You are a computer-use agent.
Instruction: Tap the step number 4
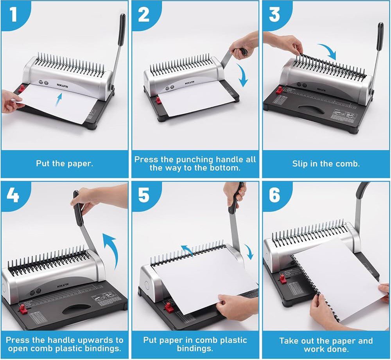(13, 195)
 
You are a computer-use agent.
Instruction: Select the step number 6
(274, 195)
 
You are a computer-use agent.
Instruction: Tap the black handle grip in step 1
(122, 28)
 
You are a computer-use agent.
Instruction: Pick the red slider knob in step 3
(280, 91)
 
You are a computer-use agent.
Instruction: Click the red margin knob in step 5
(169, 307)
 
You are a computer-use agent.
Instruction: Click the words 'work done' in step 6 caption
(326, 349)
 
